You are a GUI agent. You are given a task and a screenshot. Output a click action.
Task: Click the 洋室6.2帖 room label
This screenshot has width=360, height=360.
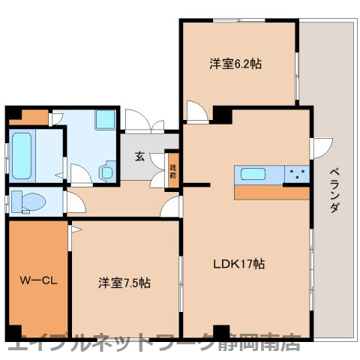point(235,64)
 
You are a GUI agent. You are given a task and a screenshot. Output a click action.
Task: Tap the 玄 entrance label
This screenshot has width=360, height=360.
point(140,157)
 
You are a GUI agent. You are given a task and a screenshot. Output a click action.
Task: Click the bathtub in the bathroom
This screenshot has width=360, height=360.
point(23,152)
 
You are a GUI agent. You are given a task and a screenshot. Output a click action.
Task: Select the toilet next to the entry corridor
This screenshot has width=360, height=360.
point(26,202)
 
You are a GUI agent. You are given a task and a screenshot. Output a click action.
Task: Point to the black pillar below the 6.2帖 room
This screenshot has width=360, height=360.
point(222,115)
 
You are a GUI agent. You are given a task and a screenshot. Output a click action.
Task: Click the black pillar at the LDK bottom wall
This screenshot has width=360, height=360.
point(220,331)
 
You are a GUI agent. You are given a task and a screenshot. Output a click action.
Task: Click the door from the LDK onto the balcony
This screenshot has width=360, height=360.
point(321,147)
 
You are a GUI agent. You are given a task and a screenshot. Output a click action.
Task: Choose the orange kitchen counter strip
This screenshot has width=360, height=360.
point(271,192)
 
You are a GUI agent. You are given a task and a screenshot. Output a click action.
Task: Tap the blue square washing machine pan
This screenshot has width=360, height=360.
point(104,120)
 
